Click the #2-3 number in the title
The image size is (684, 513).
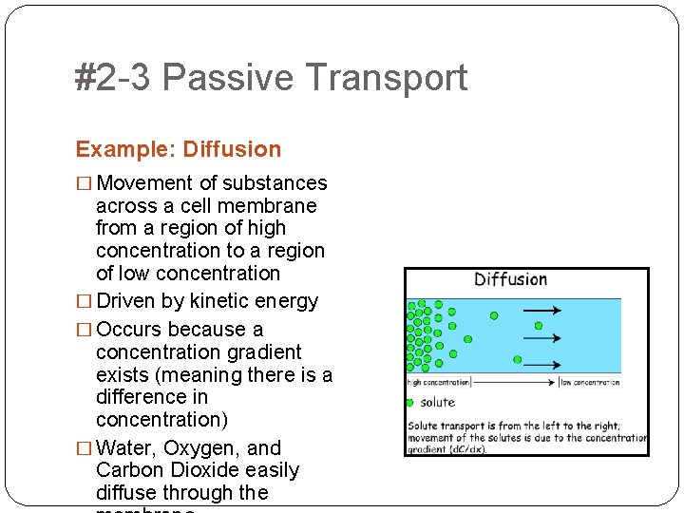[112, 78]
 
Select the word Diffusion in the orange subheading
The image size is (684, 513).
[232, 149]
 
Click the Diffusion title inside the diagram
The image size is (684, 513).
[510, 279]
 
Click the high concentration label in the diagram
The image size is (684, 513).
[438, 383]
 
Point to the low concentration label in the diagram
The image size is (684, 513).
[590, 383]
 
